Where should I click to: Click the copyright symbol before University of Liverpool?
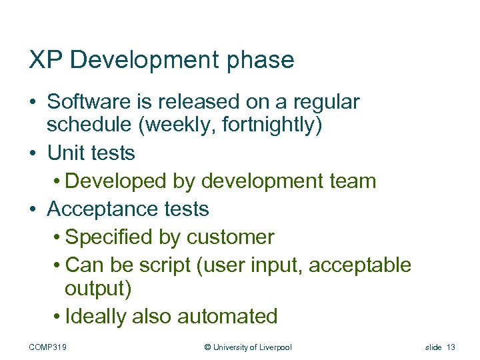(207, 347)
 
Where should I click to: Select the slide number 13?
(451, 347)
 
